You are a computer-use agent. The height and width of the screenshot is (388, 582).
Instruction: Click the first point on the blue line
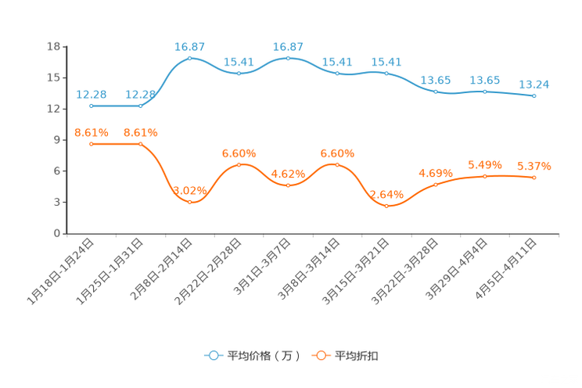point(92,106)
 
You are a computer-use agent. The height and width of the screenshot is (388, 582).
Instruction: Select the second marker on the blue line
point(141,106)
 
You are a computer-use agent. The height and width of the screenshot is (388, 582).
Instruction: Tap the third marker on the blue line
point(190,58)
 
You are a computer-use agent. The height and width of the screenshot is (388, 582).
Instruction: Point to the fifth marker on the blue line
point(289,58)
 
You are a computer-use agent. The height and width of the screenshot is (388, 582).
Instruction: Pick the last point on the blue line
point(534,95)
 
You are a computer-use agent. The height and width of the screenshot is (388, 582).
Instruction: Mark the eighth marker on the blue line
point(436,91)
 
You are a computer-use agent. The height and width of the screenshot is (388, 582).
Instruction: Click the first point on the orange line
point(92,144)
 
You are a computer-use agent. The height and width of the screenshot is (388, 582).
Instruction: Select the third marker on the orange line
point(190,202)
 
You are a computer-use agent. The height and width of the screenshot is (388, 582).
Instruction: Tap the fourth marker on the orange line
point(239,164)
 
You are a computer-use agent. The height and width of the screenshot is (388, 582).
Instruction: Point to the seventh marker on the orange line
point(387,206)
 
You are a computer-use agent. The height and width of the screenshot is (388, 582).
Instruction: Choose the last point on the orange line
point(534,178)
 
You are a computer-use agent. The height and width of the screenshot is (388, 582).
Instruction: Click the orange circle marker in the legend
point(322,355)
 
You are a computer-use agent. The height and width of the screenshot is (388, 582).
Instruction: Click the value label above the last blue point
point(534,84)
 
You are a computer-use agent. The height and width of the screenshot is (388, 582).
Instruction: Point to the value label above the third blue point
point(190,46)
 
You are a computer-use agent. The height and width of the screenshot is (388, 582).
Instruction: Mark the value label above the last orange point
point(534,165)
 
